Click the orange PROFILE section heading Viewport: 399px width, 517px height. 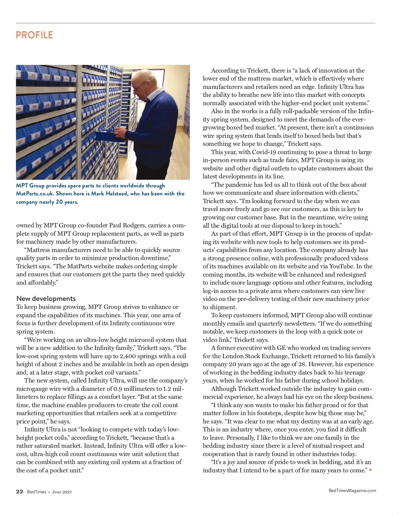35,35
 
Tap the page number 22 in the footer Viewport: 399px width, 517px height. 20,492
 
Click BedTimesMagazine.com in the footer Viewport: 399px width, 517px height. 352,490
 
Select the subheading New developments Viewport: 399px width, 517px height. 46,298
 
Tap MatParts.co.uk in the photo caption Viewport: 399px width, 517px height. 35,193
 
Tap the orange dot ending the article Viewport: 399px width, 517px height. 370,470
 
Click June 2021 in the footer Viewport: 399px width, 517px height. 62,492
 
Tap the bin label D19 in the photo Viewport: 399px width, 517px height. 20,109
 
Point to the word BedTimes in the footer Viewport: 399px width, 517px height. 37,492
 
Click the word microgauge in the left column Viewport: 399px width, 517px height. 31,388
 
